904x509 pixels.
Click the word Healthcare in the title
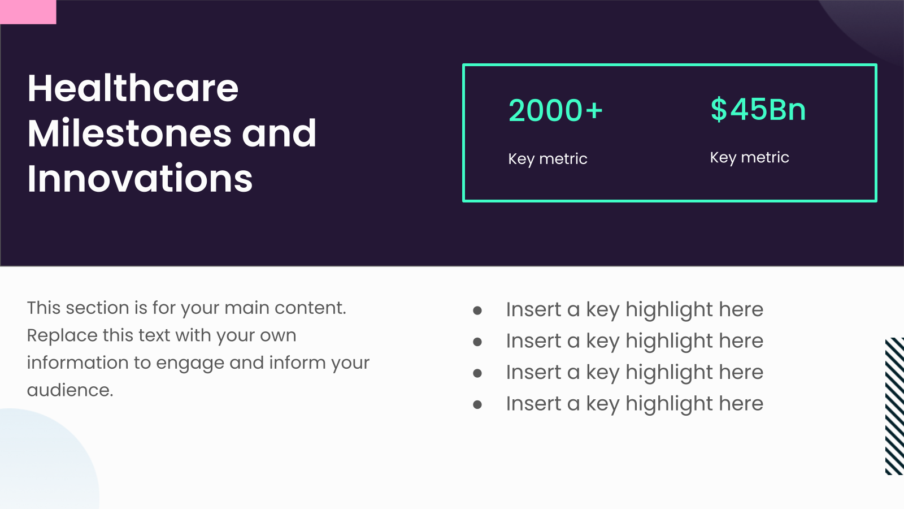pos(133,88)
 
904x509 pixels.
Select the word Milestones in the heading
pos(129,133)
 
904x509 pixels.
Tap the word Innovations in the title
pos(140,178)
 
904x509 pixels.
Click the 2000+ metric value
pos(556,110)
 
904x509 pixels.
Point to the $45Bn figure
pos(758,109)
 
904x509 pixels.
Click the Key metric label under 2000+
pos(547,159)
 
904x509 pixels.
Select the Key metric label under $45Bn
pos(749,158)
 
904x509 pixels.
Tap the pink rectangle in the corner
pos(28,12)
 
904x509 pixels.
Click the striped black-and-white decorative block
pos(894,406)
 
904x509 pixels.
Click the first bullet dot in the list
pos(477,310)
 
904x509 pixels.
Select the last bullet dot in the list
pos(477,404)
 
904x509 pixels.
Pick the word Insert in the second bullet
pos(533,340)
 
